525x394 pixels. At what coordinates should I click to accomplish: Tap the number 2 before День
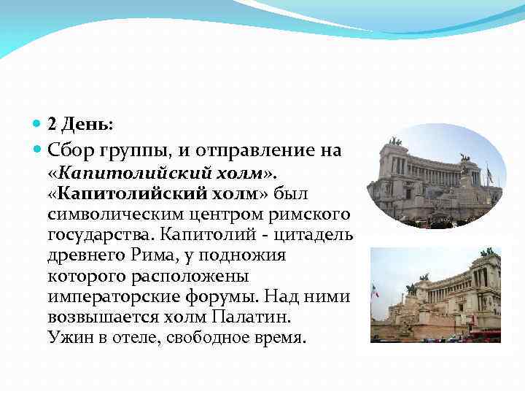(52, 125)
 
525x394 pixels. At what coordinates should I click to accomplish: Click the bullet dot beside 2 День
(39, 125)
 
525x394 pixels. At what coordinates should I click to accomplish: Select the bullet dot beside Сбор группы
(39, 151)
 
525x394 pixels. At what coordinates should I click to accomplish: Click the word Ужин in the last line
(67, 339)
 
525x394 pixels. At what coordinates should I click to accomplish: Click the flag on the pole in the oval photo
(489, 174)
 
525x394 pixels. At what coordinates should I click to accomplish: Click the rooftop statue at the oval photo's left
(394, 140)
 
